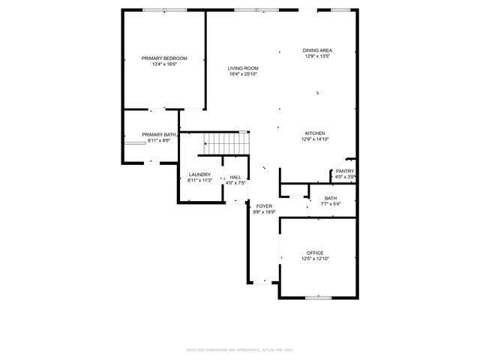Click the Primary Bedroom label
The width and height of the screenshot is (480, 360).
pyautogui.click(x=164, y=58)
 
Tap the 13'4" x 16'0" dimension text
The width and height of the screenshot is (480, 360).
pyautogui.click(x=164, y=64)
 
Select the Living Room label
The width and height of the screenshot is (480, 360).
pyautogui.click(x=244, y=68)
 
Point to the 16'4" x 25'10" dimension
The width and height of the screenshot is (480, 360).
pyautogui.click(x=244, y=74)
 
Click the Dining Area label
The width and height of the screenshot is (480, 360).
pyautogui.click(x=317, y=50)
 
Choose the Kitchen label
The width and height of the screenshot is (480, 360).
pyautogui.click(x=315, y=133)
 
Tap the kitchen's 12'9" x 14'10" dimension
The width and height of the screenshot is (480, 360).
pyautogui.click(x=315, y=139)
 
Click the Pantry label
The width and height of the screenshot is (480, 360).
pyautogui.click(x=344, y=171)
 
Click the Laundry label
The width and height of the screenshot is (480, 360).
pyautogui.click(x=199, y=175)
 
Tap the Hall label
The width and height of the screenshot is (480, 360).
pyautogui.click(x=235, y=177)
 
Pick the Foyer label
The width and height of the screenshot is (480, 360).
pyautogui.click(x=264, y=205)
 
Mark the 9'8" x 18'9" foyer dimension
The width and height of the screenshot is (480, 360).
pyautogui.click(x=264, y=211)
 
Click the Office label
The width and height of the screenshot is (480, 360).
pyautogui.click(x=315, y=253)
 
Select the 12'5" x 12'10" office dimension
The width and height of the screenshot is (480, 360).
pyautogui.click(x=315, y=259)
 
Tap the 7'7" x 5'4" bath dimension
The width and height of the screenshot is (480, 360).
pyautogui.click(x=331, y=204)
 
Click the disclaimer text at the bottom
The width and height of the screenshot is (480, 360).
pyautogui.click(x=240, y=349)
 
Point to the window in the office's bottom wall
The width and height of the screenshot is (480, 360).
pyautogui.click(x=318, y=298)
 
